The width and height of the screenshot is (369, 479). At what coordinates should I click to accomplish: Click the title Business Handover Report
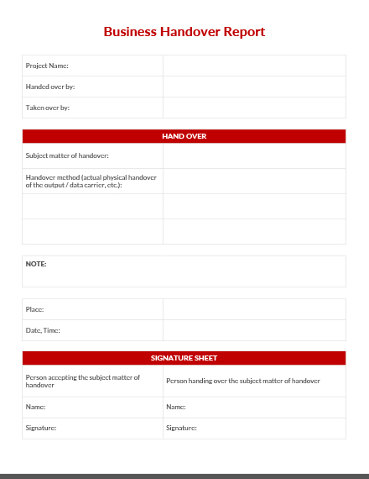[x=184, y=32]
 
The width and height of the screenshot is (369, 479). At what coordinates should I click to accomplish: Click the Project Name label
[x=47, y=66]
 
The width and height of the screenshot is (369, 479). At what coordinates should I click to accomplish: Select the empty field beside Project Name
[x=254, y=66]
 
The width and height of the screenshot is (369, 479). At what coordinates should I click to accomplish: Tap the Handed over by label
[x=51, y=87]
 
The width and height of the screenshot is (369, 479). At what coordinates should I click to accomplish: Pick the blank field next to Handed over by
[x=254, y=87]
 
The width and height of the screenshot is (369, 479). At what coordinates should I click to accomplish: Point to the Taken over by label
[x=48, y=108]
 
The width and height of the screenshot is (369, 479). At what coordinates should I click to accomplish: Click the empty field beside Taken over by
[x=254, y=108]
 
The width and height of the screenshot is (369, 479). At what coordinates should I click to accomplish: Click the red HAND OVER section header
[x=184, y=136]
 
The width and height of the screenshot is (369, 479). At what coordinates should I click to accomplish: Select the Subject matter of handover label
[x=67, y=155]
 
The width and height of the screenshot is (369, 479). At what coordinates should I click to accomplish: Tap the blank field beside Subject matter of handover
[x=254, y=155]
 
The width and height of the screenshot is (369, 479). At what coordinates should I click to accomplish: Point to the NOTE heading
[x=36, y=264]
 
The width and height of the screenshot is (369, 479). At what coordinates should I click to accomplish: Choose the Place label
[x=35, y=309]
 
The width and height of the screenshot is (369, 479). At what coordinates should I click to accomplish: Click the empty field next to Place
[x=254, y=309]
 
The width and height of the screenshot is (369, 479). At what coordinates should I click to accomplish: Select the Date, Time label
[x=43, y=330]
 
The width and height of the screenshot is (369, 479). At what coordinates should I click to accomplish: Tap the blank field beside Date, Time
[x=254, y=330]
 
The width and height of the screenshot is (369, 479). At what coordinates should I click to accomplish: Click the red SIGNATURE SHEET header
[x=184, y=358]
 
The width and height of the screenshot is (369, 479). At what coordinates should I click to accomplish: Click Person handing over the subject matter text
[x=242, y=381]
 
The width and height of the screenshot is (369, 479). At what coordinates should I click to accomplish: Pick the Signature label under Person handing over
[x=181, y=428]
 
